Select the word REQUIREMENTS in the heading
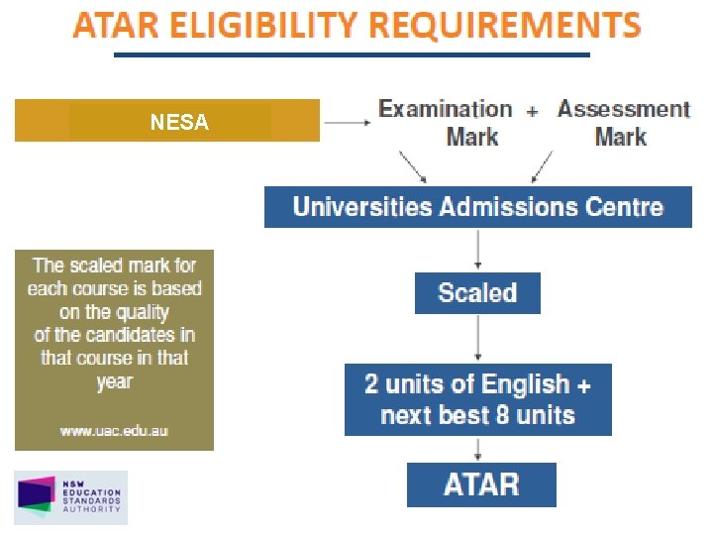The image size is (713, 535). pos(505,25)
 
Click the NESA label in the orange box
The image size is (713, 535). pos(179,123)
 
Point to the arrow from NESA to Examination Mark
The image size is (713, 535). pos(346,123)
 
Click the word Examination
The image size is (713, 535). pos(446,109)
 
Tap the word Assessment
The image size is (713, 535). pos(623,109)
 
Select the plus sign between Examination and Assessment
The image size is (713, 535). pos(533,112)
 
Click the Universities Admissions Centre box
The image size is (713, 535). pos(478,207)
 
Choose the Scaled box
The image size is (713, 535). pos(477,293)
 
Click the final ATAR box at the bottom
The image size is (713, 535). pos(481,484)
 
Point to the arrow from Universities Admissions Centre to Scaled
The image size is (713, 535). pos(478,250)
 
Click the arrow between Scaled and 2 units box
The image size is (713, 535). pos(478,339)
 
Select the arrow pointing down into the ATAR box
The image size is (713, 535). pos(479,448)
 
